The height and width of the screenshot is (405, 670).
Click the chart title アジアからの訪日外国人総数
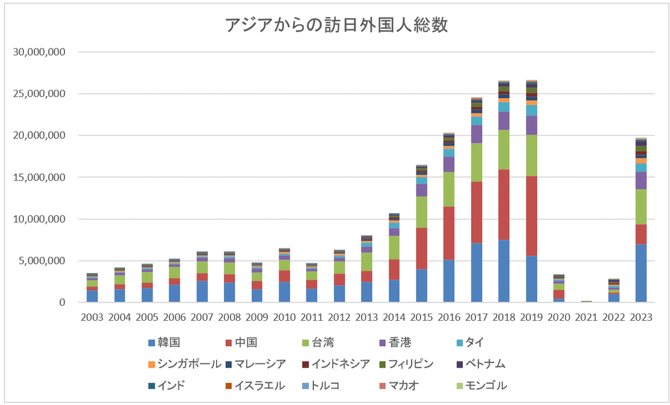click(x=336, y=26)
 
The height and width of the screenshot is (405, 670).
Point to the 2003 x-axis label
click(x=92, y=317)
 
